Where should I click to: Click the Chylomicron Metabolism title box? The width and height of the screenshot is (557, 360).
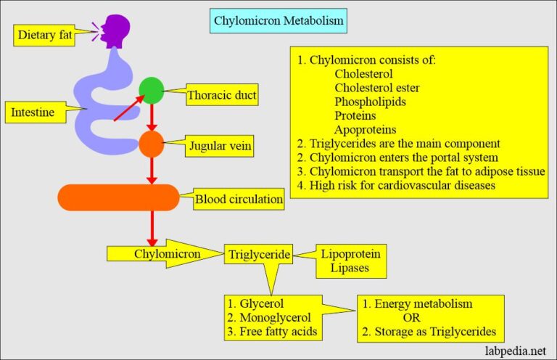coord(278,21)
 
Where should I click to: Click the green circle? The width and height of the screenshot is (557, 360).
coord(152,91)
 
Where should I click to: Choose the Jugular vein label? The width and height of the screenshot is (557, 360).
coord(220,147)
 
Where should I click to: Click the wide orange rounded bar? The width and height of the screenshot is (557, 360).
coord(118,197)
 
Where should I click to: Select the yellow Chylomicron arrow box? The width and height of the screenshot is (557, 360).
coord(162,253)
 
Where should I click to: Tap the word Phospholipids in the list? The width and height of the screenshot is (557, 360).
coord(370,102)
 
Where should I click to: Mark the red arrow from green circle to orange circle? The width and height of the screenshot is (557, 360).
coord(152,117)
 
